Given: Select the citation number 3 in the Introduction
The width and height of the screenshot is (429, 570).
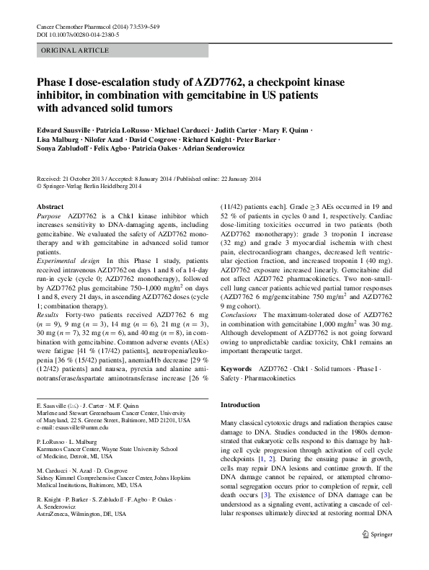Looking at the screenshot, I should point(265,495).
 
